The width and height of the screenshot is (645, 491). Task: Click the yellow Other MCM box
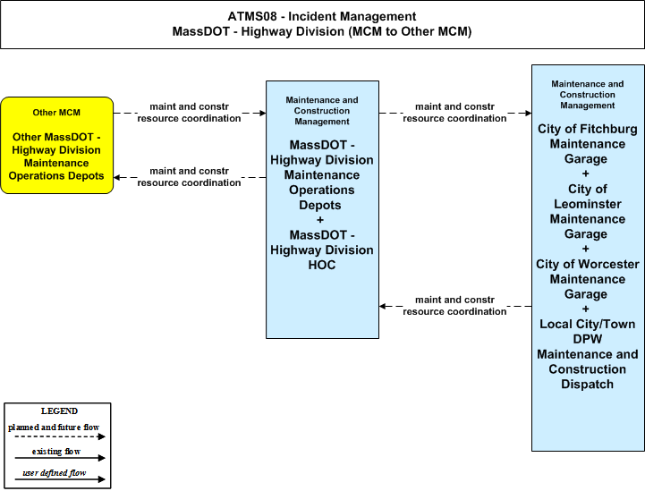coord(56,145)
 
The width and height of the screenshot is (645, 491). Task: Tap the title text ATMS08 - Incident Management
coord(322,16)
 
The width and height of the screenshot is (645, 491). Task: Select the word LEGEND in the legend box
coord(59,411)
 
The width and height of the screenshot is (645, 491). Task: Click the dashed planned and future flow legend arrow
coord(60,436)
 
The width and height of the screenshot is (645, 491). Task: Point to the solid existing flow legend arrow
coord(60,458)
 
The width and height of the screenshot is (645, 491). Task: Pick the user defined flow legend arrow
coord(60,478)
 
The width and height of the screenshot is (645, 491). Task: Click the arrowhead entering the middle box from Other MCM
coord(263,113)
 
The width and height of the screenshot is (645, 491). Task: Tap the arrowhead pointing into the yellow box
coord(117,178)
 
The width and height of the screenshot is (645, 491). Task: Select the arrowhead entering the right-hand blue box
coord(528,113)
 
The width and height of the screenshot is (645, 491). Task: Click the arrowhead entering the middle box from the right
coord(383,307)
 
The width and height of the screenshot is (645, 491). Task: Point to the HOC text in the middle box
coord(322,265)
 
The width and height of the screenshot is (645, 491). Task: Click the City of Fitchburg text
coord(588,129)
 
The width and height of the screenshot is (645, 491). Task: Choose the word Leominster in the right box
coord(588,204)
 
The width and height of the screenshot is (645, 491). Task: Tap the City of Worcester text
coord(588,264)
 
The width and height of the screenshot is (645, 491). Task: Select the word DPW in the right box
coord(588,339)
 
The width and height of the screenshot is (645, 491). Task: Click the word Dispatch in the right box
coord(588,384)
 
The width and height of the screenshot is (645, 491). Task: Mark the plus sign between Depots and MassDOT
coord(320,220)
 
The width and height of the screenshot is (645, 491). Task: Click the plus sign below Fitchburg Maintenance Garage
coord(586,174)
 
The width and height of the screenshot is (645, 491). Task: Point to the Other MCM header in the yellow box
coord(56,113)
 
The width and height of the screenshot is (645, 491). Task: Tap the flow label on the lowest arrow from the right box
coord(454,306)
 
